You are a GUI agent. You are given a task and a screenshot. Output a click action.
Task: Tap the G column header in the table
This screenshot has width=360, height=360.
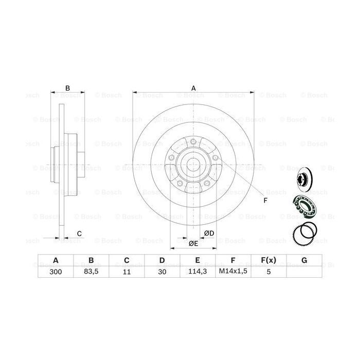coord(304,261)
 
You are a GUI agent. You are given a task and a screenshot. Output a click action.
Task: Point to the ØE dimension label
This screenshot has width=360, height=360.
coord(192,243)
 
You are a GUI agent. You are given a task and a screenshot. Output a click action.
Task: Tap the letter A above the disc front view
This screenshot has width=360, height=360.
coord(193,88)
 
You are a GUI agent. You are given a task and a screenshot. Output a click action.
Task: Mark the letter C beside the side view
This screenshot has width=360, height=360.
coord(79,234)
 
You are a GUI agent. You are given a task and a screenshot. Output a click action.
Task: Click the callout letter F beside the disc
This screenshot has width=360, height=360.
coord(265,200)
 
